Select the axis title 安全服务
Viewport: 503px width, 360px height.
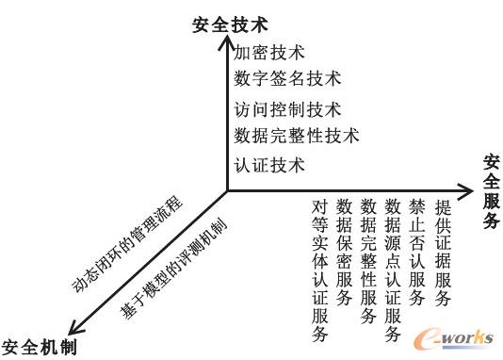[492, 192]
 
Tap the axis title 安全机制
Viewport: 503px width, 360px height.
[38, 347]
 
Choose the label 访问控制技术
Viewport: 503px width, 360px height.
[287, 109]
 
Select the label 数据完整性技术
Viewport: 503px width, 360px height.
[297, 136]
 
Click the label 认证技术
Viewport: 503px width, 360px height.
[269, 166]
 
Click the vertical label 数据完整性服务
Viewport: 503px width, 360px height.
[369, 260]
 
